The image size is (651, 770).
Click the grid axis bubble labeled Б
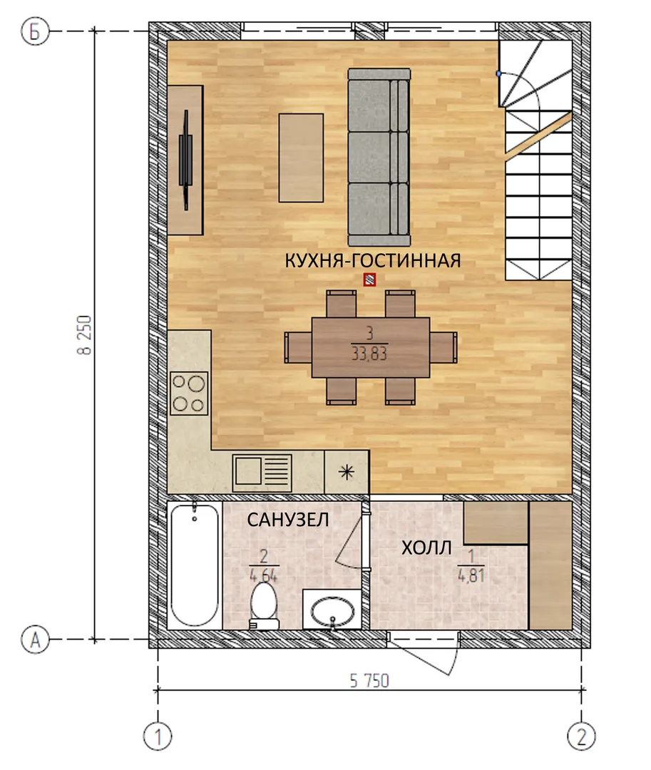(35, 31)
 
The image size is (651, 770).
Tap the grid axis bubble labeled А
(35, 640)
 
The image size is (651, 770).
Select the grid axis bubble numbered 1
(158, 736)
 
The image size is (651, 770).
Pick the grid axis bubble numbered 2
(581, 736)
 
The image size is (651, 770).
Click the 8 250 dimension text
(84, 335)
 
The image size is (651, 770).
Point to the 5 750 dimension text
(369, 681)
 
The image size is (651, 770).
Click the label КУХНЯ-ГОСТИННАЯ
(373, 261)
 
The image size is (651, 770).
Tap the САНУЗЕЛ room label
(287, 520)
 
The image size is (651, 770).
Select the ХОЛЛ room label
(426, 548)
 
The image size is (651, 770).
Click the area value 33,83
(369, 354)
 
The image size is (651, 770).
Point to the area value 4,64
(264, 575)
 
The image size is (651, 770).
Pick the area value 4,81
(471, 575)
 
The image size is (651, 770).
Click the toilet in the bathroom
(264, 605)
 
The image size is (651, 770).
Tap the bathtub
(195, 565)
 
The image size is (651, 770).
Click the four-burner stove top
(189, 394)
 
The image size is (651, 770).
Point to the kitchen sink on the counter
(262, 473)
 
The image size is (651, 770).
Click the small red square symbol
(369, 280)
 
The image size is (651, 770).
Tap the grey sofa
(379, 157)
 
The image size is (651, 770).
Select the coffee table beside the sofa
(301, 158)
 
